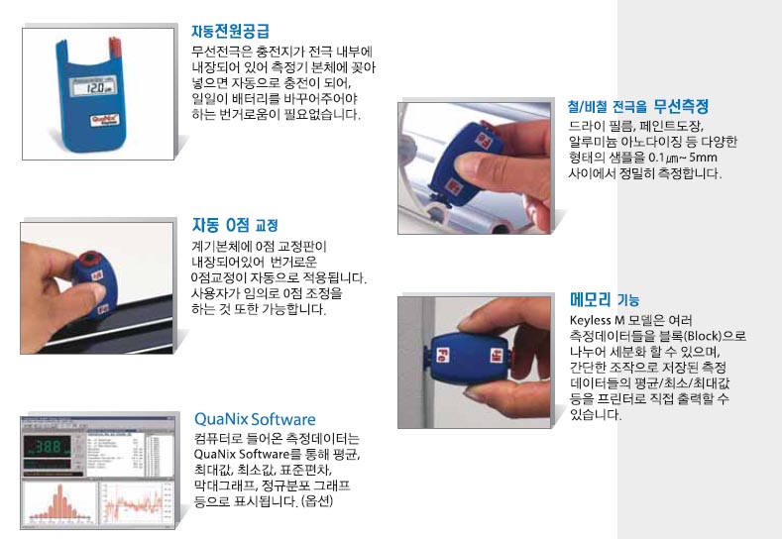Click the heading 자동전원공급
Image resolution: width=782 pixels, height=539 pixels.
pyautogui.click(x=230, y=31)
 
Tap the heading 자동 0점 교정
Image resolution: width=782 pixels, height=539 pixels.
pyautogui.click(x=235, y=225)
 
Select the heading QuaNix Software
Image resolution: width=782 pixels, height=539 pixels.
pyautogui.click(x=255, y=419)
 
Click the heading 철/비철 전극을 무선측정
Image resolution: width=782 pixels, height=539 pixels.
pyautogui.click(x=638, y=106)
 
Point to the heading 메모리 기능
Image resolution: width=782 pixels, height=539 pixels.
pyautogui.click(x=605, y=299)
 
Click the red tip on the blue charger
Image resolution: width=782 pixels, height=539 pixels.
pyautogui.click(x=114, y=46)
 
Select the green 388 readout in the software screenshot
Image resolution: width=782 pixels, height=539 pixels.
pyautogui.click(x=48, y=446)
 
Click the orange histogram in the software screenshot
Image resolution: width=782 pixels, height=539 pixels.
pyautogui.click(x=59, y=502)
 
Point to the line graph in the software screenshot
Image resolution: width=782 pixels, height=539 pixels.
pyautogui.click(x=133, y=502)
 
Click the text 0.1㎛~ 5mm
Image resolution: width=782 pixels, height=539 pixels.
pyautogui.click(x=683, y=158)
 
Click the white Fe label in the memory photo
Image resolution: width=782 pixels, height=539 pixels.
pyautogui.click(x=441, y=355)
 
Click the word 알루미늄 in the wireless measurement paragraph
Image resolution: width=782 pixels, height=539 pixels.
pyautogui.click(x=589, y=142)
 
